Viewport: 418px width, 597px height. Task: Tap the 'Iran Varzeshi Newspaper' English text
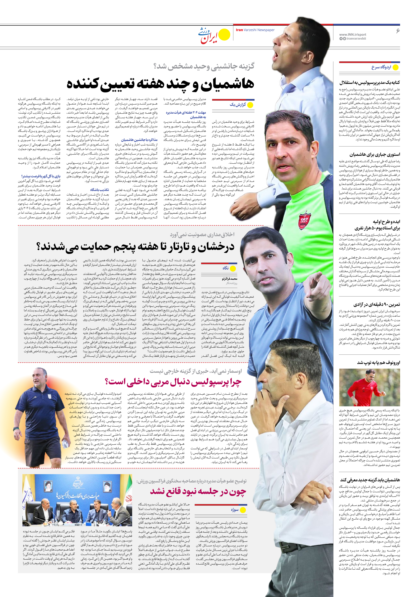click(x=255, y=30)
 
